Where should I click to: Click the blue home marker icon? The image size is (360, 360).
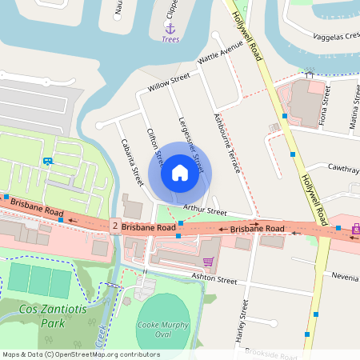coord(179,173)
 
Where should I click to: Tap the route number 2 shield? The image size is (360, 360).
coord(116,227)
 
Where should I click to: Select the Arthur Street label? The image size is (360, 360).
coord(206,210)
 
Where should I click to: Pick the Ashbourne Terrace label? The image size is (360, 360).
coord(227,140)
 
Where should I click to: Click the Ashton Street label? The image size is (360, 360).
coord(214,280)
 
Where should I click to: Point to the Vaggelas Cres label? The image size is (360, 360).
coord(331,35)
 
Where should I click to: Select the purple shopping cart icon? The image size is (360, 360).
coord(208,262)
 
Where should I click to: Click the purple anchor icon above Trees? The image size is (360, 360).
coord(170,27)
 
